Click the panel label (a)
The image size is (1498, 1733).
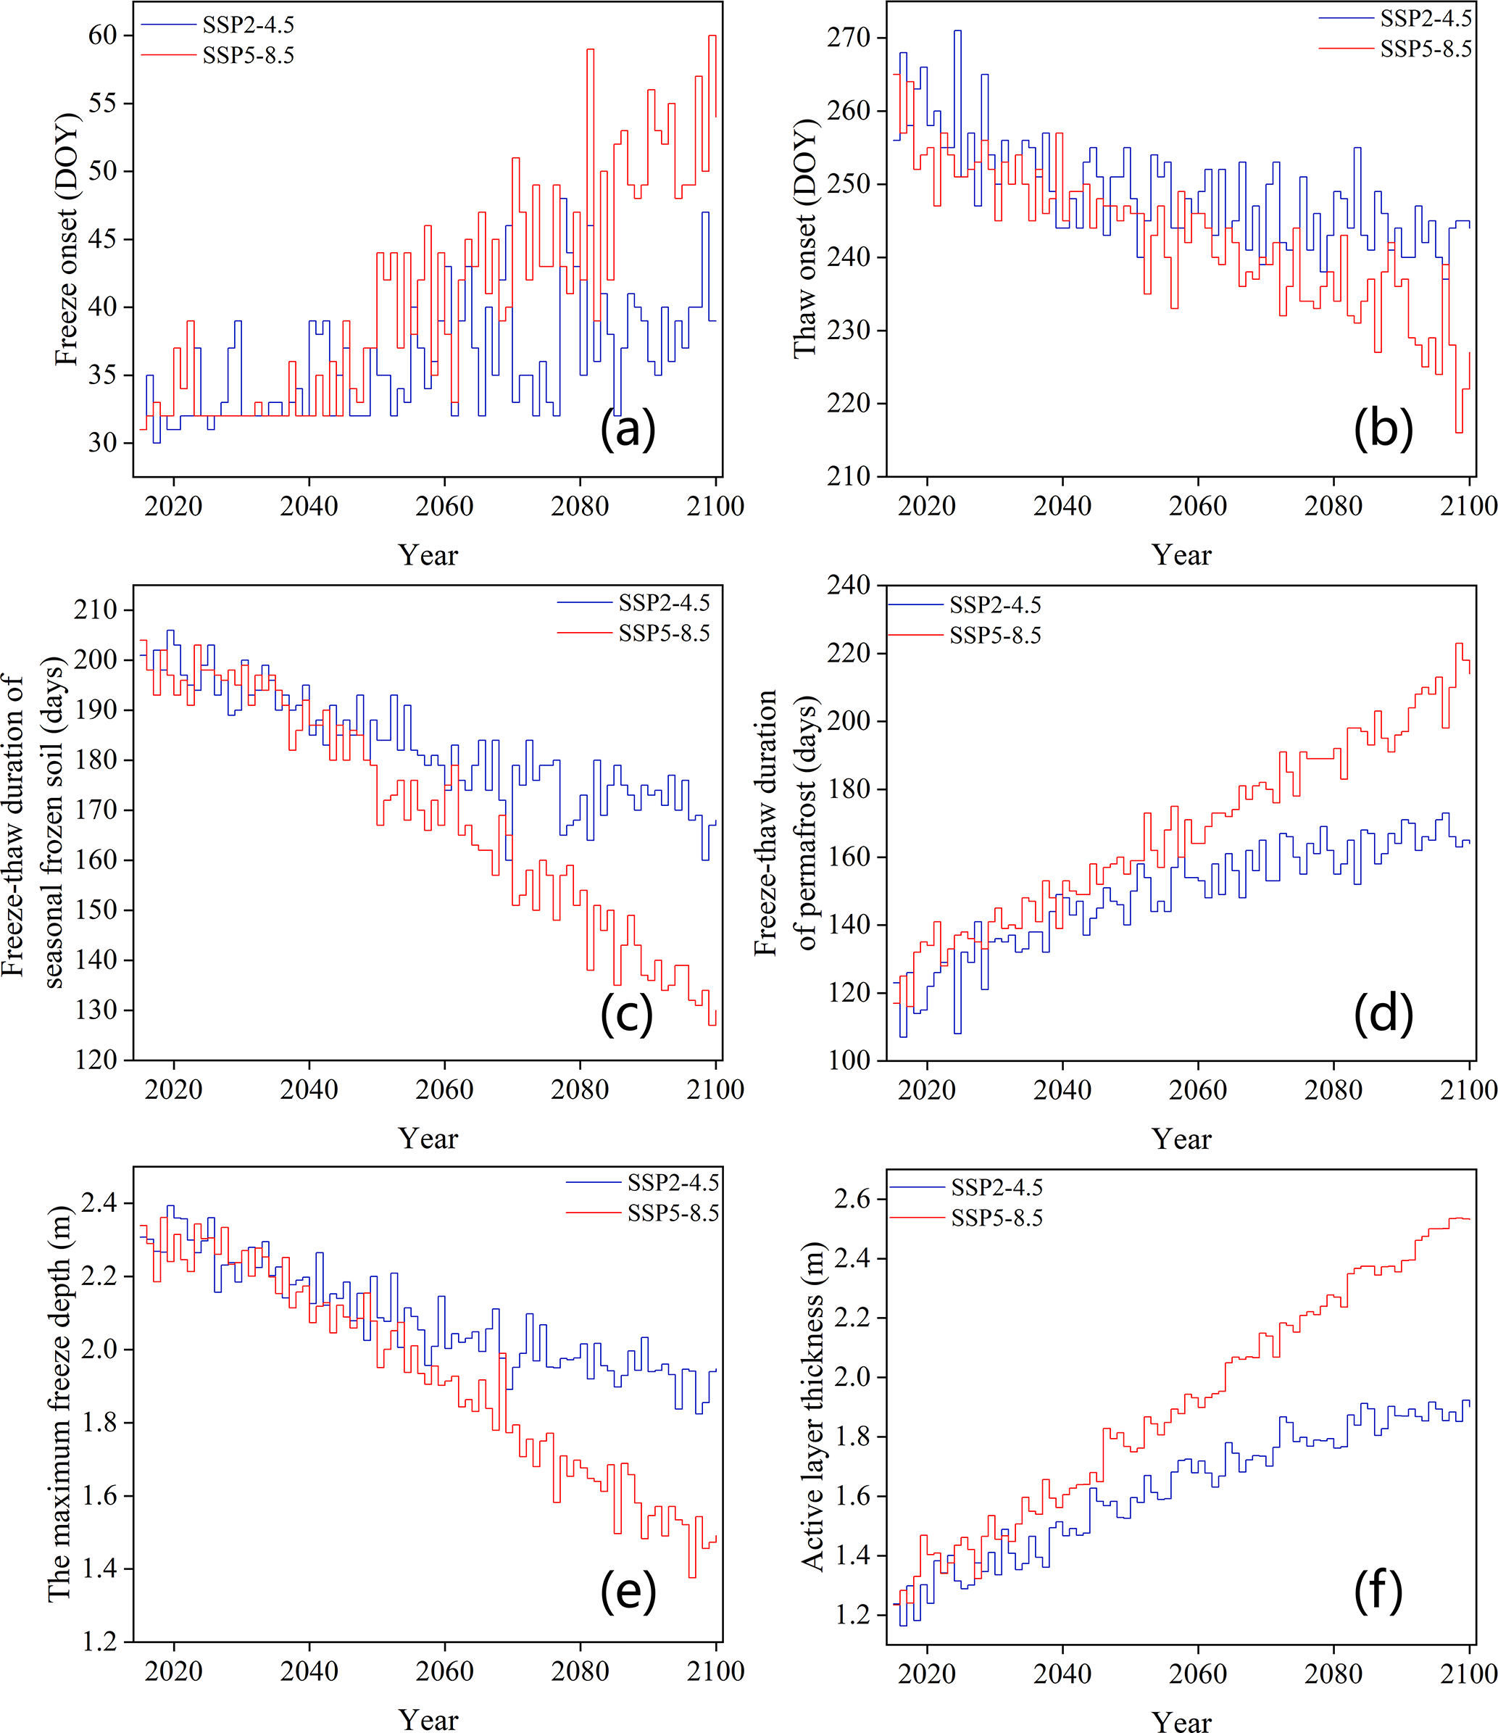coord(628,430)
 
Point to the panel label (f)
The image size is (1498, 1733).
coord(1378,1591)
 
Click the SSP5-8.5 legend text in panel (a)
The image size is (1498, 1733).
coord(249,56)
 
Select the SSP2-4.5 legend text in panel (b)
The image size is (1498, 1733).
coord(1426,18)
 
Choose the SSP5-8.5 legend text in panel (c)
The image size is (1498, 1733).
coord(664,634)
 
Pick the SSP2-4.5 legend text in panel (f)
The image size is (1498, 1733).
coord(997,1188)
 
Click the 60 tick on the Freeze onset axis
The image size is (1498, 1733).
coord(103,35)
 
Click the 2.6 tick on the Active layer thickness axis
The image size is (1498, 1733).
coord(852,1199)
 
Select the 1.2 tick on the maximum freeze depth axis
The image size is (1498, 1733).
coord(100,1642)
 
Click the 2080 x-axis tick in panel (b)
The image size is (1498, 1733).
coord(1333,505)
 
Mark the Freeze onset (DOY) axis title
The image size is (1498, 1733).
coord(66,239)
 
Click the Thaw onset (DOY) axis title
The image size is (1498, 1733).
coord(804,239)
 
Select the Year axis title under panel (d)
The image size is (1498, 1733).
coord(1181,1139)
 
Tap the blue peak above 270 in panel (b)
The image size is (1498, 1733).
coord(957,31)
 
